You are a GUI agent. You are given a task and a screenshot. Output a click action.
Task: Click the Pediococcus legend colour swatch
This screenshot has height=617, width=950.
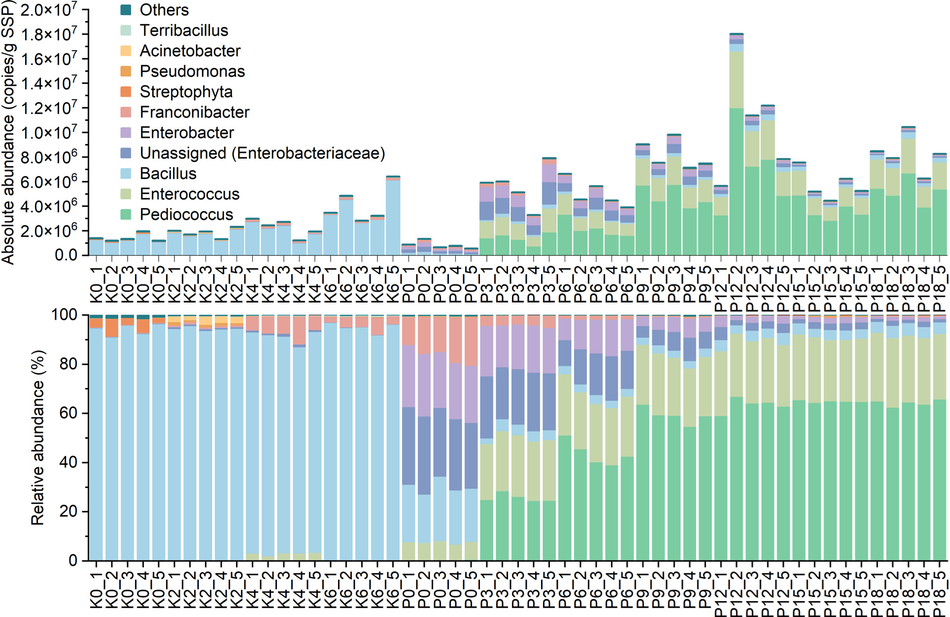pos(126,214)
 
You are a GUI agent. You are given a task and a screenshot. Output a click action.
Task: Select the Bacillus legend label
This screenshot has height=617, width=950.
pos(168,173)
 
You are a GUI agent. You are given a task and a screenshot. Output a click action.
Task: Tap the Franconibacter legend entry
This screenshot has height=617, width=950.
pos(194,112)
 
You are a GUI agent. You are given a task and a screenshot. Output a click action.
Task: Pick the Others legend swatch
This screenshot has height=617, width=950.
pos(126,10)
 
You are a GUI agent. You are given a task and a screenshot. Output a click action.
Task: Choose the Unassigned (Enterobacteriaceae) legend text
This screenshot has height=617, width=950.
pos(262,153)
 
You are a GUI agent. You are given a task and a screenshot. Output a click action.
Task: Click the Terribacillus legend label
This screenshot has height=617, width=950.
pos(184,31)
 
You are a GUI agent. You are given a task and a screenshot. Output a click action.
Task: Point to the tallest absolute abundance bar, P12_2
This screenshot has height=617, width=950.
pos(736,148)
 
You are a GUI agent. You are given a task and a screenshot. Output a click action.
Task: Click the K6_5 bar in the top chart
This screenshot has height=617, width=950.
pos(393,217)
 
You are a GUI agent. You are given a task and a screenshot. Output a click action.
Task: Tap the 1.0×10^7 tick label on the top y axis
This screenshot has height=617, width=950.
pos(48,132)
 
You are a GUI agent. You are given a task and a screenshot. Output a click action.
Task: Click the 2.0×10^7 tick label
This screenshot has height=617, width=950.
pos(48,9)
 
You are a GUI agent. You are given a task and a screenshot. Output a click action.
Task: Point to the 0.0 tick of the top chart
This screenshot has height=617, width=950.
pos(66,255)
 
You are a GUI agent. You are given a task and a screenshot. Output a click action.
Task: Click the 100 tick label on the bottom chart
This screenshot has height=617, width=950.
pos(64,314)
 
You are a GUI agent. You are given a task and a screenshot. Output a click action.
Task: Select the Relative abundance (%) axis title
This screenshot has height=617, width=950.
pos(38,438)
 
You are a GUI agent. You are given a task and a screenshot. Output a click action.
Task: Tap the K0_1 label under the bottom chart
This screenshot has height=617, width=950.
pos(96,589)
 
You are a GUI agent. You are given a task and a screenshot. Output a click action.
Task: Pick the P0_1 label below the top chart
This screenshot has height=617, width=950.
pos(408,283)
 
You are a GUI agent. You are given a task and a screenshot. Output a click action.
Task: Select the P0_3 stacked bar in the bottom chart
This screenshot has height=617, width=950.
pos(440,444)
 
